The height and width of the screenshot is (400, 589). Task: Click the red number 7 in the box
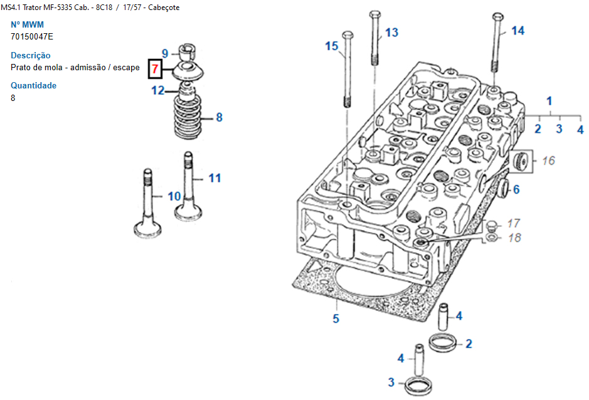click(x=155, y=69)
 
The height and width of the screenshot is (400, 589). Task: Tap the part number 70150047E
click(x=32, y=36)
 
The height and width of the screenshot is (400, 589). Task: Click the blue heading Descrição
click(x=31, y=55)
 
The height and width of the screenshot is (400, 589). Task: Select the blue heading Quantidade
click(x=33, y=85)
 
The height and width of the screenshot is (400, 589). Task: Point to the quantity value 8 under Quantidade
click(x=13, y=98)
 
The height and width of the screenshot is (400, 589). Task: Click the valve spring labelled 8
click(x=188, y=117)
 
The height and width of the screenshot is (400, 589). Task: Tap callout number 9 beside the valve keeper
click(x=165, y=53)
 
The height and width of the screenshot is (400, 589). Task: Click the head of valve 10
click(x=147, y=229)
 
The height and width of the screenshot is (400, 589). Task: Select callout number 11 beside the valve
click(x=215, y=178)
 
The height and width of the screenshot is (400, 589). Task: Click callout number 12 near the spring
click(x=158, y=90)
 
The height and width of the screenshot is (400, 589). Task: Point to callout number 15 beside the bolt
click(x=332, y=46)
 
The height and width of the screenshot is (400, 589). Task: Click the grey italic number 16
click(x=548, y=161)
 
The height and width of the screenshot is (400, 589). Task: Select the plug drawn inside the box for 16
click(x=521, y=161)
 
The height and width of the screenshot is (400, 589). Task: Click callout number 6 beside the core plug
click(x=516, y=190)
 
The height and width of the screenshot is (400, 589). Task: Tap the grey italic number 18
click(x=514, y=238)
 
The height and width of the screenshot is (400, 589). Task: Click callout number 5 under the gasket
click(x=336, y=318)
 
